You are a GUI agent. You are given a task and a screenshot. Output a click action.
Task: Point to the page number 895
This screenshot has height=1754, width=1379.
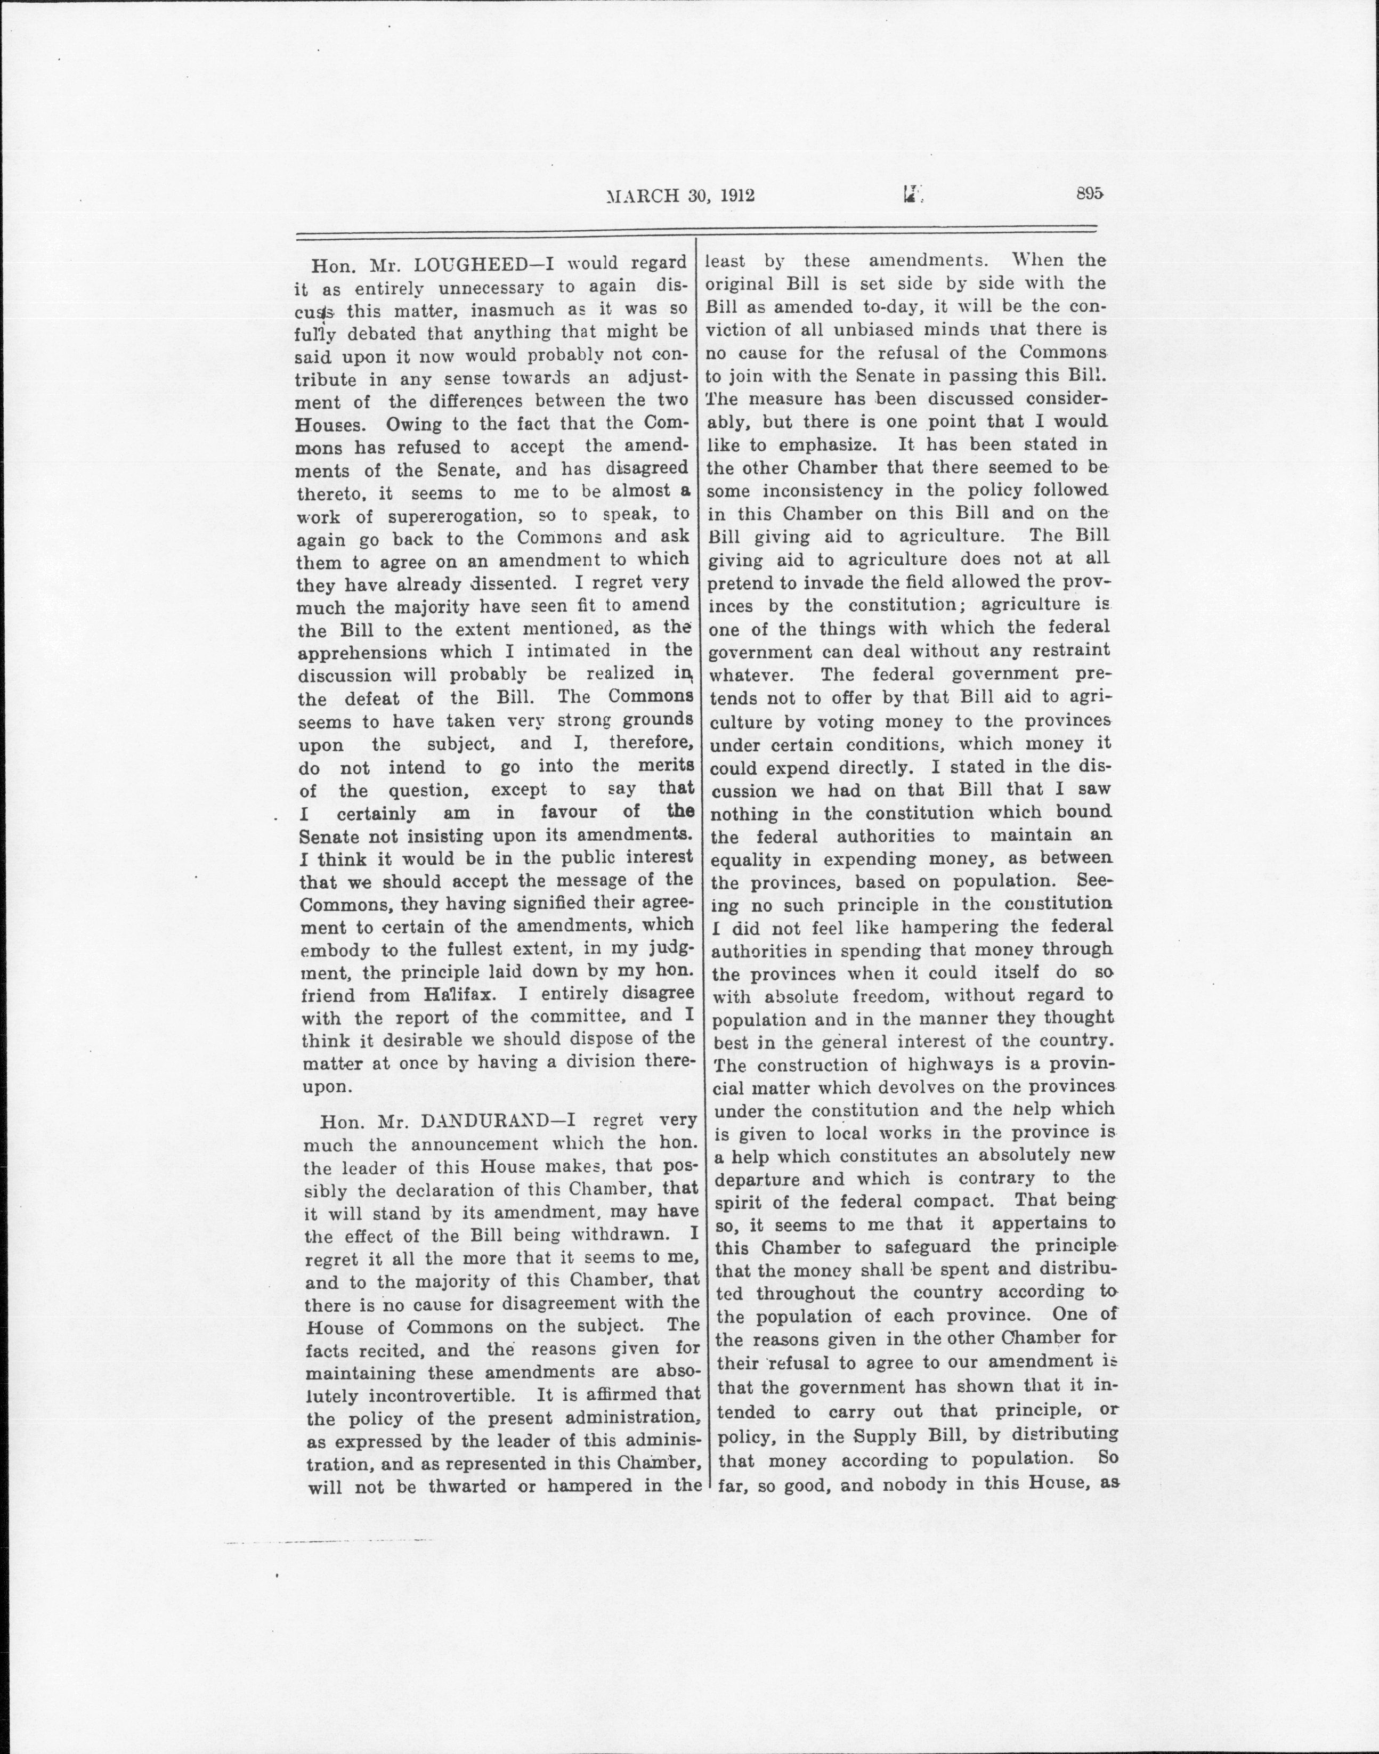[1089, 194]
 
